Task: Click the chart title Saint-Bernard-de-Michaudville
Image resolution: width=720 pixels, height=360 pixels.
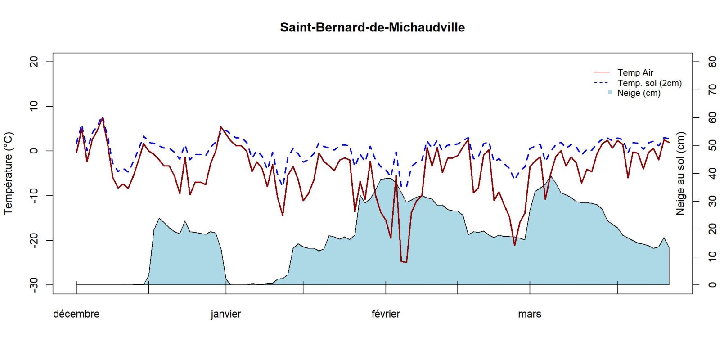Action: point(372,27)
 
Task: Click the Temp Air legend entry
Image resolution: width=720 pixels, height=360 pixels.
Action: point(635,72)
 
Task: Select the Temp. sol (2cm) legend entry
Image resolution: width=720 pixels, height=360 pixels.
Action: point(649,83)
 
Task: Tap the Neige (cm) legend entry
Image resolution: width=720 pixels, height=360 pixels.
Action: point(639,93)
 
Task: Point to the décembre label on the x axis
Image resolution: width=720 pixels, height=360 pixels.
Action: point(76,314)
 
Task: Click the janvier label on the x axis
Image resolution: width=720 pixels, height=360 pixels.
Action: point(226,314)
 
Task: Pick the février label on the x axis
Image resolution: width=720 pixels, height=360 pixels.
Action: point(386,314)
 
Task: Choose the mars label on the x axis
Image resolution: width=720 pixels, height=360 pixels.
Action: point(530,314)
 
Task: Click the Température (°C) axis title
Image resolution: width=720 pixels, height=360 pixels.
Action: point(9,173)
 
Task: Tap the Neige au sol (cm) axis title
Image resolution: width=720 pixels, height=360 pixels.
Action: point(680,173)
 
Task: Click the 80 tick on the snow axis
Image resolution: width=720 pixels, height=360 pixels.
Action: point(712,61)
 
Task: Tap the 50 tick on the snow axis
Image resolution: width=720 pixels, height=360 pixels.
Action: point(712,145)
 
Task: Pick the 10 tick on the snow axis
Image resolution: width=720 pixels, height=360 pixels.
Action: point(712,257)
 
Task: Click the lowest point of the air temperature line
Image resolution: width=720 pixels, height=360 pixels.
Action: point(406,262)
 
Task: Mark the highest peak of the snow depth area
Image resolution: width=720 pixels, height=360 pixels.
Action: point(550,176)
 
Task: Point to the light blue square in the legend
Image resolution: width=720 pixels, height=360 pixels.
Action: point(610,92)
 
